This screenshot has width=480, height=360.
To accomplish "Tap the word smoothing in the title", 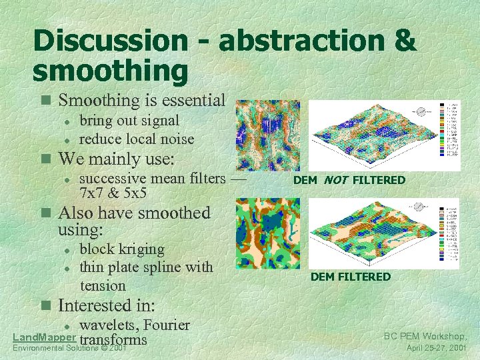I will tap(111, 71).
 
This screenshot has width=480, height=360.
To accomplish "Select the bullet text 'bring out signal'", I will tap(129, 121).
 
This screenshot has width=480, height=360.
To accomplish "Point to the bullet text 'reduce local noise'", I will tap(137, 139).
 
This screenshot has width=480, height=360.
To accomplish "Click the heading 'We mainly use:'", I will tap(117, 159).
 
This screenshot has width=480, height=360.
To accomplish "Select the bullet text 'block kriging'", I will tap(122, 249).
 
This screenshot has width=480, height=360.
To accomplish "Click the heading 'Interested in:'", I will tap(107, 305).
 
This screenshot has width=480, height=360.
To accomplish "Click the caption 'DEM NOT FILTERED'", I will tap(349, 180).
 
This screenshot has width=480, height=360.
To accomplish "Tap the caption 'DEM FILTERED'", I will tap(350, 277).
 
